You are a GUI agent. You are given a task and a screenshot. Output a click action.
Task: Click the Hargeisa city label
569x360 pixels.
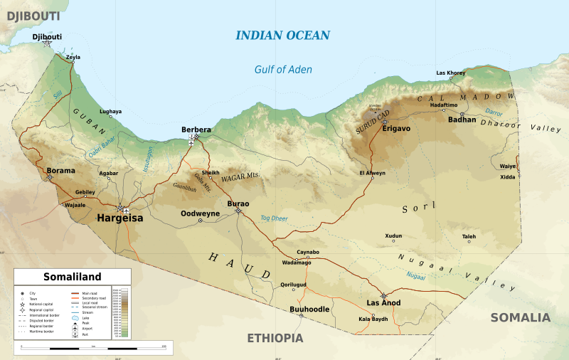[x=119, y=219]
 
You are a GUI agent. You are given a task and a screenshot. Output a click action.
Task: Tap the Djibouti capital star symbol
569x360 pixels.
[x=47, y=43]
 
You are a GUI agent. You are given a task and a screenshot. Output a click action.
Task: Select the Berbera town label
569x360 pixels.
[x=196, y=129]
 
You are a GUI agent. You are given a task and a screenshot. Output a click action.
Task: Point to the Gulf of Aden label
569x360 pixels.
[x=283, y=70]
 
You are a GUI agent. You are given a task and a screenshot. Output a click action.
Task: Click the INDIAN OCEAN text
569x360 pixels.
[x=282, y=36]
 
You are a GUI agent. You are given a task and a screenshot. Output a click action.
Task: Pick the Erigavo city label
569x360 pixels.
[x=396, y=129]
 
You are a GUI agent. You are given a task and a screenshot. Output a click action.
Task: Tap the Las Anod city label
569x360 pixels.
[x=383, y=303]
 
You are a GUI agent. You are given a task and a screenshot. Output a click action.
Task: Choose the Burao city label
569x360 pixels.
[x=238, y=203]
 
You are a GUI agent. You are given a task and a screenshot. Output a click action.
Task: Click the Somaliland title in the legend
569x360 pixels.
[x=73, y=277]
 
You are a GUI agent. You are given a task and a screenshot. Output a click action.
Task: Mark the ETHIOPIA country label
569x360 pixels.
[x=275, y=339]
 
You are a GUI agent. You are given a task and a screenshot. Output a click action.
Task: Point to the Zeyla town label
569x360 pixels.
[x=73, y=57]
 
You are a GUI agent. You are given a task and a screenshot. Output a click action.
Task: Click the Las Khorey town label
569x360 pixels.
[x=450, y=73]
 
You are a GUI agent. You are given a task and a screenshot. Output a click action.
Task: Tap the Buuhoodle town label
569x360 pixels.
[x=310, y=309]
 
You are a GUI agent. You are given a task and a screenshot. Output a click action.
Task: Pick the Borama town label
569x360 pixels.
[x=60, y=171]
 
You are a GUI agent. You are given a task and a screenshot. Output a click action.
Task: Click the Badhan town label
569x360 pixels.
[x=462, y=120]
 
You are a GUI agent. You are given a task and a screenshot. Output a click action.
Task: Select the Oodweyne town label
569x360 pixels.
[x=201, y=213]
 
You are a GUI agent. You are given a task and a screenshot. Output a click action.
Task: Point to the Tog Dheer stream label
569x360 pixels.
[x=274, y=218]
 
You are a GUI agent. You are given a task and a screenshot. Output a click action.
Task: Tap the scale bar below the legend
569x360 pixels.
[x=92, y=347]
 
